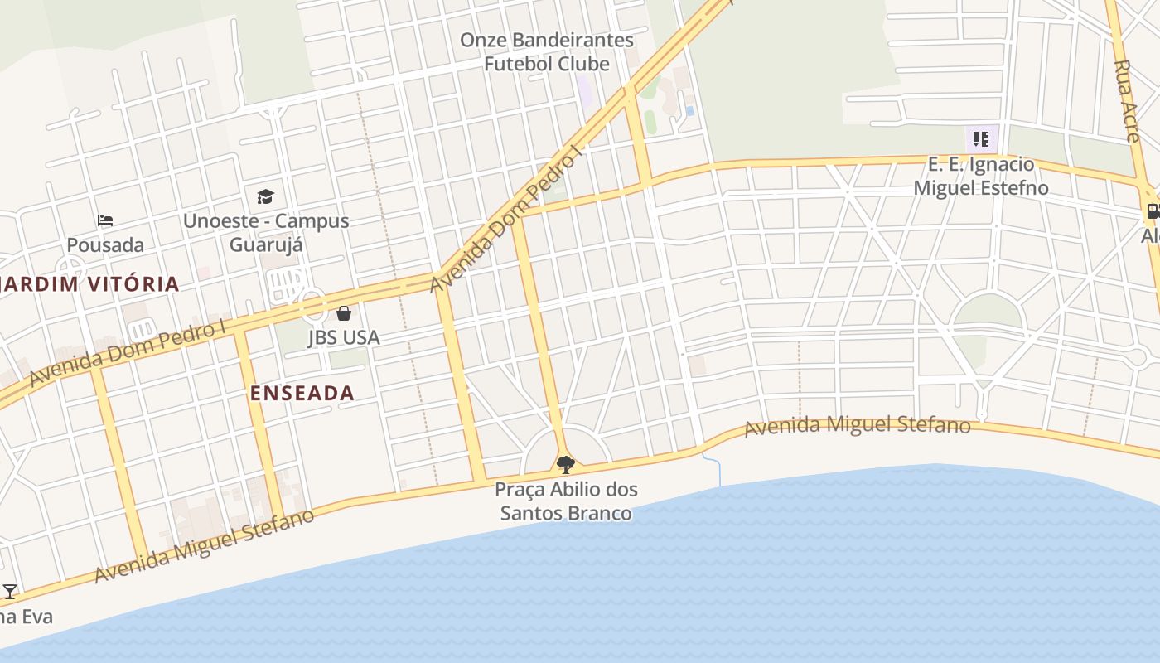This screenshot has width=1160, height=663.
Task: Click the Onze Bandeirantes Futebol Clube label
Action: tap(547, 51)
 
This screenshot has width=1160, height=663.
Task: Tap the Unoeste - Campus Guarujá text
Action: tap(266, 233)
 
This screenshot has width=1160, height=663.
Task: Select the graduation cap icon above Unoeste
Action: tap(265, 196)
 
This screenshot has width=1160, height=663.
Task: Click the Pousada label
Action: tap(105, 245)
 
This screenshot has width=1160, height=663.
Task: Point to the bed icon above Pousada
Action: tap(105, 220)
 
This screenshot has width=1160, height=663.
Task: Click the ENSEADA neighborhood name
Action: tap(302, 393)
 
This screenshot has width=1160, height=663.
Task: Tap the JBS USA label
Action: tap(344, 337)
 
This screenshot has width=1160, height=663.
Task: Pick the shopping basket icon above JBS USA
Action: tap(344, 313)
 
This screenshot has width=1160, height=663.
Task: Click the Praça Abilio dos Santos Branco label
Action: tap(565, 501)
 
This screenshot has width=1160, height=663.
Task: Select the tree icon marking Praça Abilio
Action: tap(565, 464)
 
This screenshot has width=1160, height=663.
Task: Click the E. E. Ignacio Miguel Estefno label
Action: tap(981, 176)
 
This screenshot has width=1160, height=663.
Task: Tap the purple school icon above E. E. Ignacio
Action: tap(981, 138)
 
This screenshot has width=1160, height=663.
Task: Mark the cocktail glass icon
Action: tap(10, 592)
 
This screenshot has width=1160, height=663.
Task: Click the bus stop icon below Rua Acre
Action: tap(1153, 211)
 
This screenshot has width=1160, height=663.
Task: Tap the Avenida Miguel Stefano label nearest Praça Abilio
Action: tap(857, 426)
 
